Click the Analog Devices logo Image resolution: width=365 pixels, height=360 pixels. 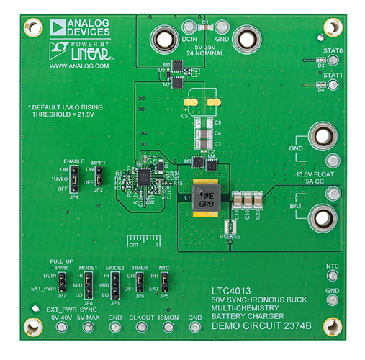click(80, 28)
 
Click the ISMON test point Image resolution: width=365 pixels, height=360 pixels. click(167, 328)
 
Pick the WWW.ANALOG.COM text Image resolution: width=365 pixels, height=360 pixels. click(79, 66)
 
